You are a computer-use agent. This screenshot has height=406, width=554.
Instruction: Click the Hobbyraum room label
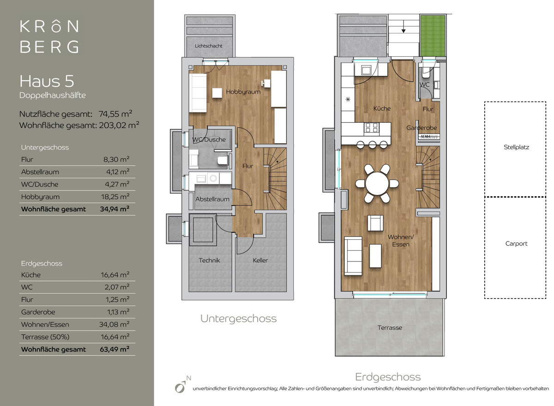coord(243,92)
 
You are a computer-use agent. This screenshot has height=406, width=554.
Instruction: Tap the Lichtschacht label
coord(209,46)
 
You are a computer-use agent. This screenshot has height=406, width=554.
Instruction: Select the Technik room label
coord(209,261)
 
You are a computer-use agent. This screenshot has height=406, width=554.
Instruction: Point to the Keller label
coord(260,261)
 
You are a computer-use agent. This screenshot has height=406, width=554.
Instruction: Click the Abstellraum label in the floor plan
coord(212,199)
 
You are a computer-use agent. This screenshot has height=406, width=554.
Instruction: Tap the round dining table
coord(377,184)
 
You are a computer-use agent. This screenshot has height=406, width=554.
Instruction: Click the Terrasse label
coord(390,328)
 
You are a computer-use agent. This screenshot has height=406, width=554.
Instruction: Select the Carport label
coord(516,244)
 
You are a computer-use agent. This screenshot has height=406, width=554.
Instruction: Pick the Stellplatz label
coord(516,147)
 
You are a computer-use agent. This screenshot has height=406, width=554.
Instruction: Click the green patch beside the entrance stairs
coord(433,36)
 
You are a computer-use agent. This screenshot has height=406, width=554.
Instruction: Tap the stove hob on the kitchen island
coord(372,128)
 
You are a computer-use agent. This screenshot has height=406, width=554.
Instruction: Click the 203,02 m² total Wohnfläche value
coord(119,125)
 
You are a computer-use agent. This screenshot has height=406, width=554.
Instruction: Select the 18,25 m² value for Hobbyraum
coord(115,197)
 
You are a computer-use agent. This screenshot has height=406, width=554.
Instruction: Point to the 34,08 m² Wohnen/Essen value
coord(114,324)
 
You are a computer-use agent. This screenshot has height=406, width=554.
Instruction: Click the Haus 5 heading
coord(47,81)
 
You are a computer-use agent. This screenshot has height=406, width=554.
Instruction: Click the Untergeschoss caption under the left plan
coord(238,319)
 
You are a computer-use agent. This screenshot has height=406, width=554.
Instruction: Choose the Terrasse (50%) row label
coord(45,337)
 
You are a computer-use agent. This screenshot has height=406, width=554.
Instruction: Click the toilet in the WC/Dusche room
coord(223,161)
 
